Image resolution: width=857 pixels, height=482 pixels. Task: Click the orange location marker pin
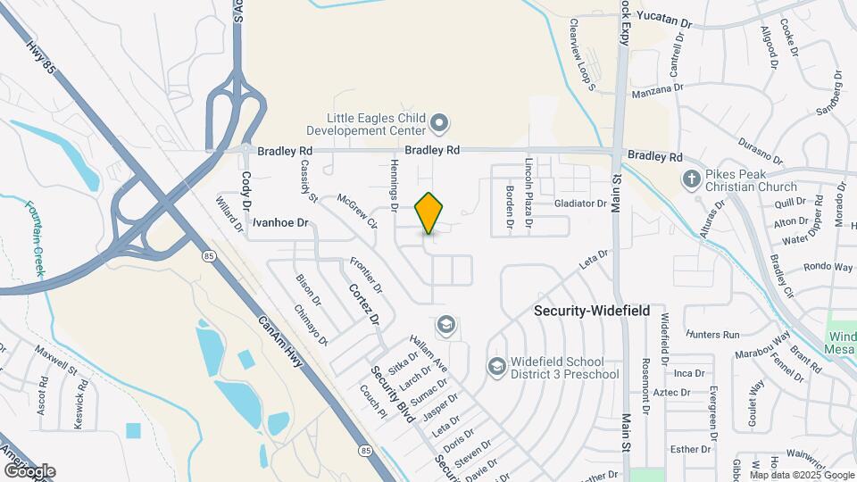coord(429,213)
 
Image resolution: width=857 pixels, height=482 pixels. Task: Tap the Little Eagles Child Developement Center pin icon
coord(438,121)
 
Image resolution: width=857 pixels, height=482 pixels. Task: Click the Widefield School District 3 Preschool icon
coord(495,367)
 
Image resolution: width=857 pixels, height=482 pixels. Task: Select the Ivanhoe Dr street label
coord(279,221)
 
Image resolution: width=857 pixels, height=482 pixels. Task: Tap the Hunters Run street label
coord(714,335)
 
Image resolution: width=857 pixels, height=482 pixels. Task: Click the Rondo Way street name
coord(828,267)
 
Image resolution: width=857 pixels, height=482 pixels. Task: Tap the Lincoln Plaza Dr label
coord(529,183)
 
